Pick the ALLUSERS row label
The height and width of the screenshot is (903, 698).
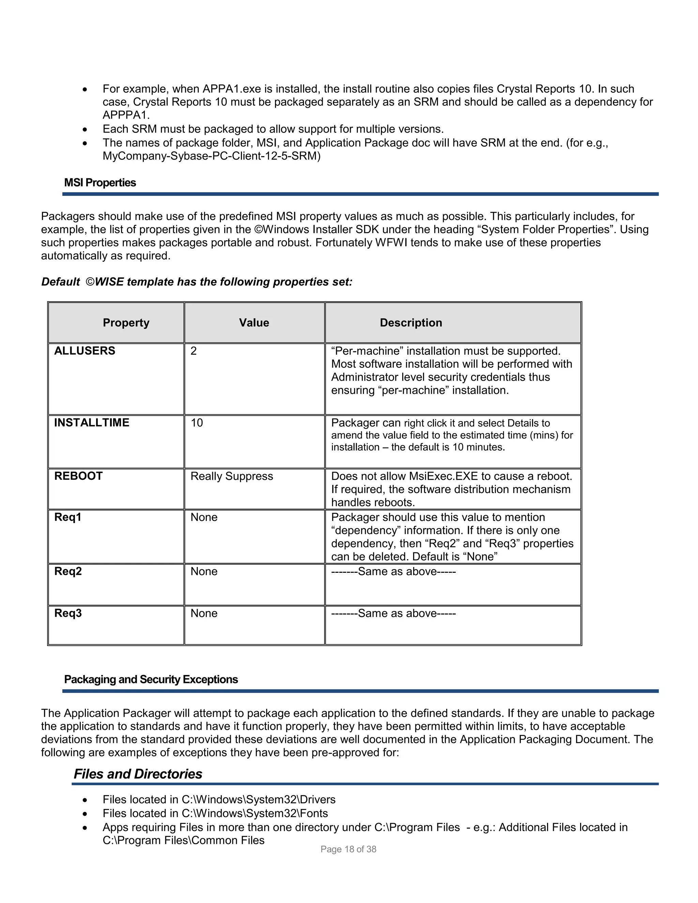85,351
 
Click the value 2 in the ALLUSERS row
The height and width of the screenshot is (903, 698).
194,351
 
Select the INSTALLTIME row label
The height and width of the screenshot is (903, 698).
92,423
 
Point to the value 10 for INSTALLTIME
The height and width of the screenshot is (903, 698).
197,423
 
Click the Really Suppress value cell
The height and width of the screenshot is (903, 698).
231,476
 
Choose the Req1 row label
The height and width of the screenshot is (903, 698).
68,517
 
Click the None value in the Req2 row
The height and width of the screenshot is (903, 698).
204,571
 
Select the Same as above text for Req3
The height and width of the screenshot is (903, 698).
393,613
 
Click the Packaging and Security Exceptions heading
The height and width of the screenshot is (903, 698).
151,679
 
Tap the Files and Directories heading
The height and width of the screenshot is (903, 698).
138,774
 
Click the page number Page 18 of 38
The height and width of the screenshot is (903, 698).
348,849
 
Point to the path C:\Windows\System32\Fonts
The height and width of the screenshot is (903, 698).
255,813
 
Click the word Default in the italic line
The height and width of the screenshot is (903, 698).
60,282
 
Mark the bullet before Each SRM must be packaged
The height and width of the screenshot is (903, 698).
85,129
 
